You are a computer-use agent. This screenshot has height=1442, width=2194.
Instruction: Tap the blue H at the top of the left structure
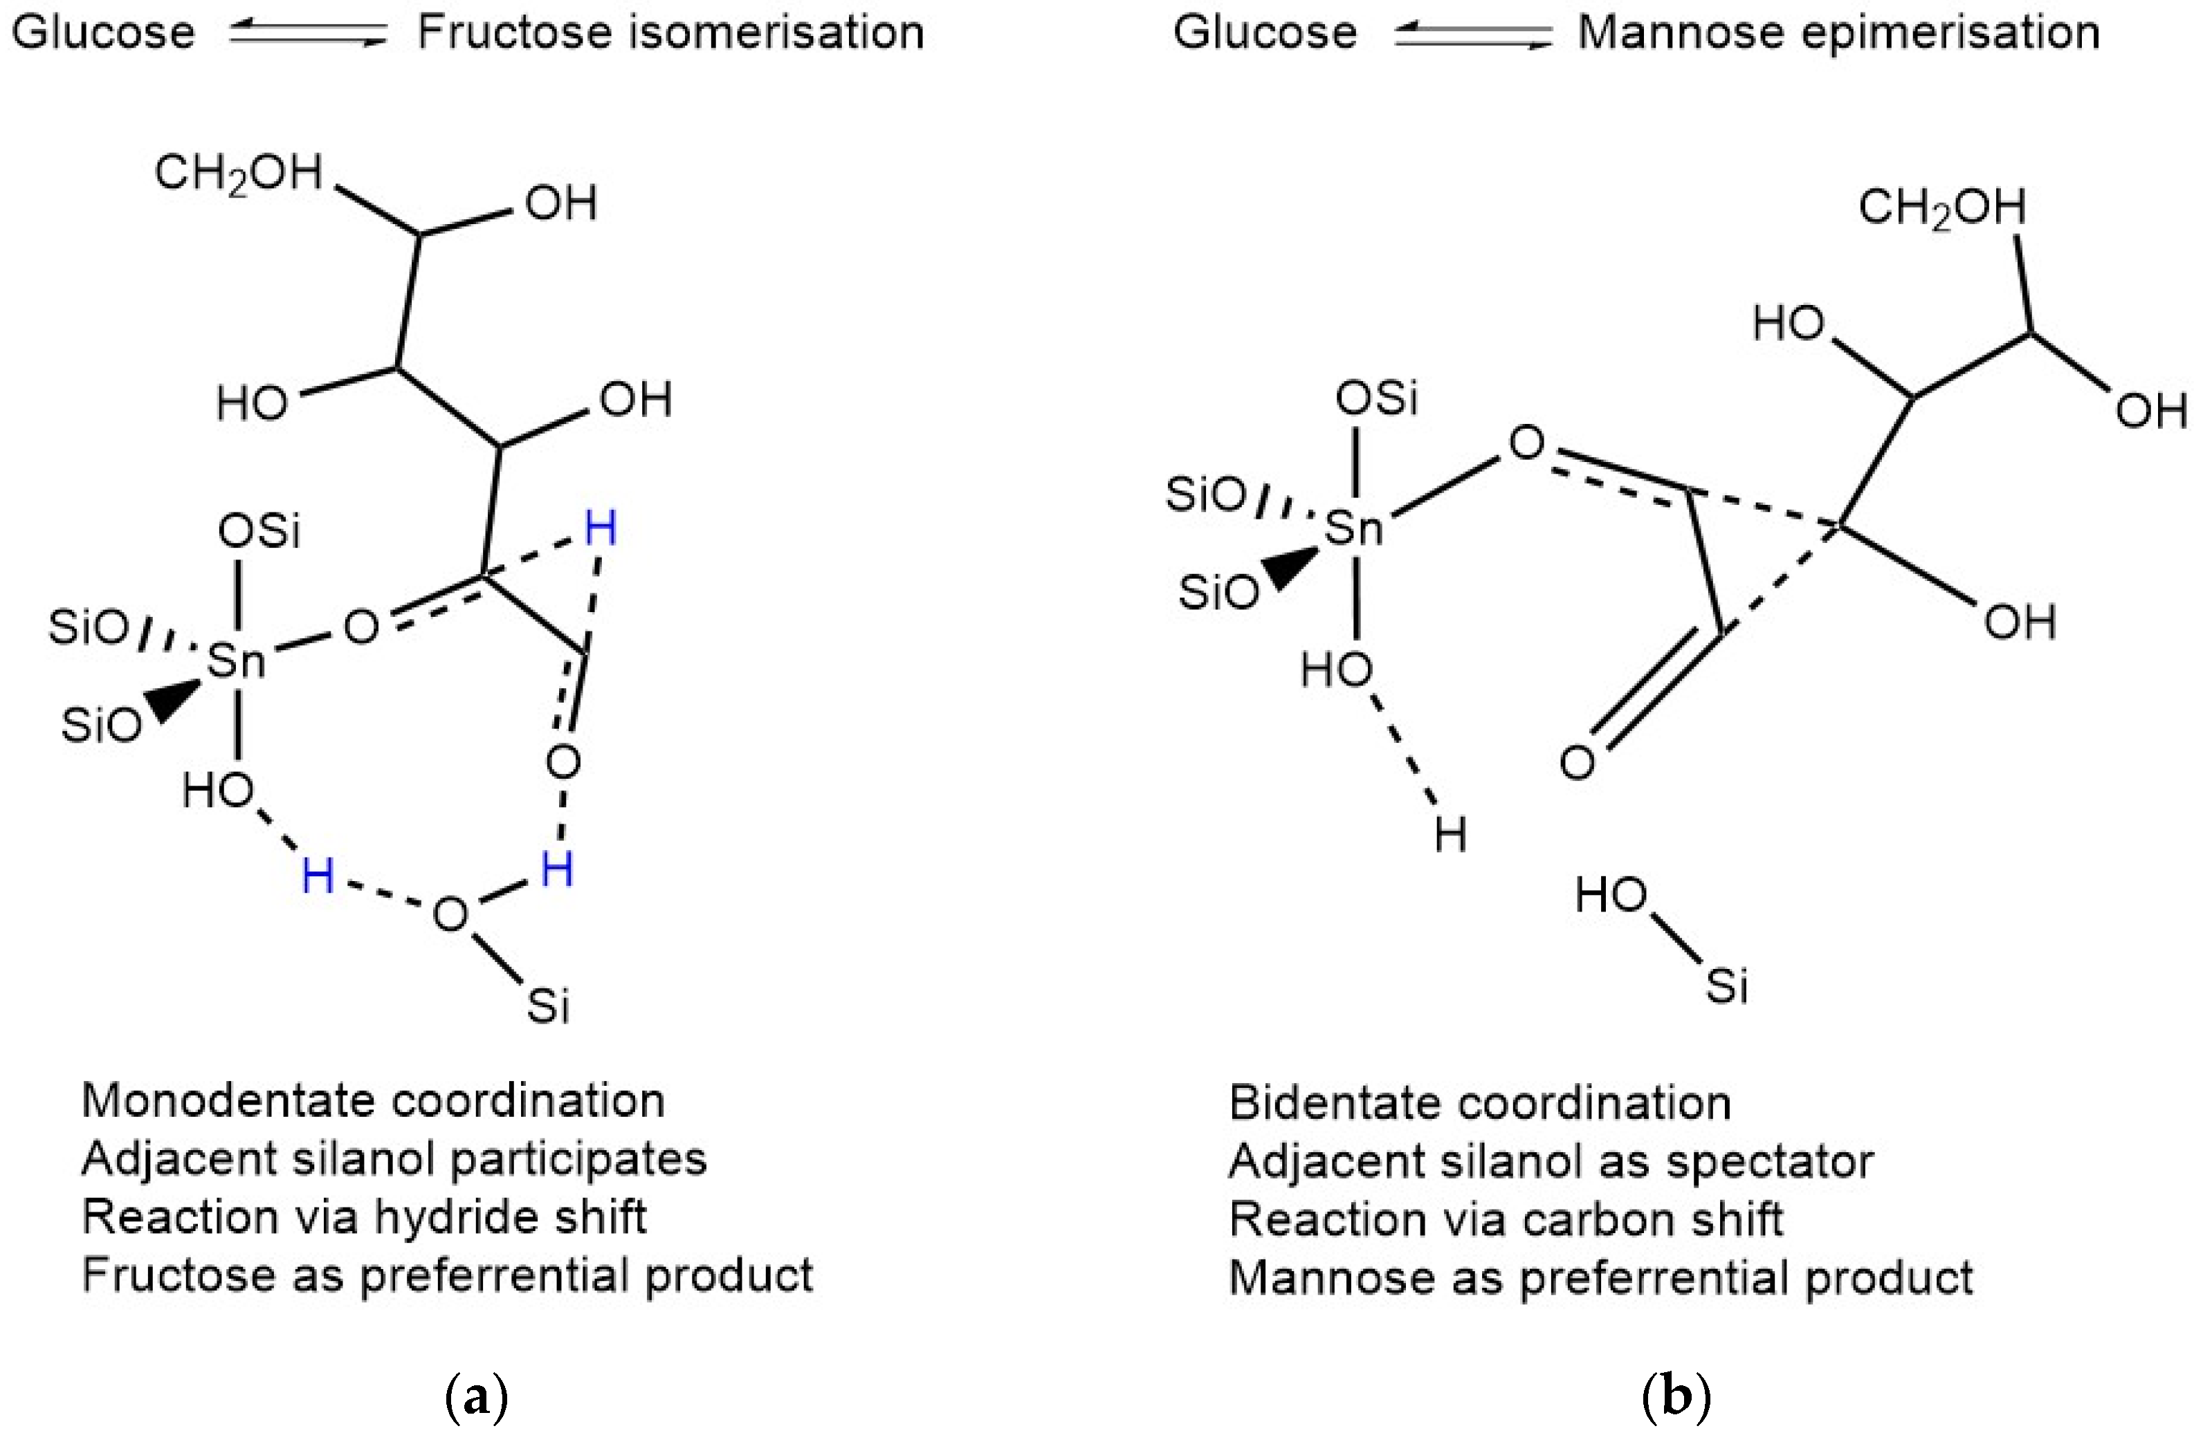pos(600,529)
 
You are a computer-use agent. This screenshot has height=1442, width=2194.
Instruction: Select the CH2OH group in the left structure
pos(239,173)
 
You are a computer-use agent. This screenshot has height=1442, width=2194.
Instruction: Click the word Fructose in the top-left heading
pos(513,33)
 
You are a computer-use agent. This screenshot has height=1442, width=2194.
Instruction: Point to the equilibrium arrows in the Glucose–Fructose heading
pos(308,35)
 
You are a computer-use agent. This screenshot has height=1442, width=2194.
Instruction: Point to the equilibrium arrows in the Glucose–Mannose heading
pos(1472,35)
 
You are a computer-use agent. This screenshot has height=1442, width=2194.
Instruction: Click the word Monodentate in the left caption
pos(228,1100)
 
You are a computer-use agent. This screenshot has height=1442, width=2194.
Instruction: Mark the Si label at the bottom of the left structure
pos(549,1006)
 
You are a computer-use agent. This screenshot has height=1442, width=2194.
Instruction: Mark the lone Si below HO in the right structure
pos(1726,986)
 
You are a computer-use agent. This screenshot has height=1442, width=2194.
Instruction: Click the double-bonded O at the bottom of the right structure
pos(1578,763)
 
